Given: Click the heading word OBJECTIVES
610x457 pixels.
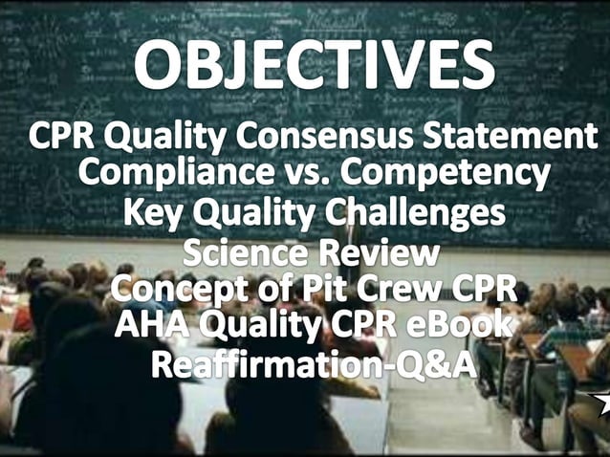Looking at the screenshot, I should tap(313, 65).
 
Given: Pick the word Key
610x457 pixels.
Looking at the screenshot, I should tap(150, 213).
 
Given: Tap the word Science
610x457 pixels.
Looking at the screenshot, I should tap(241, 255).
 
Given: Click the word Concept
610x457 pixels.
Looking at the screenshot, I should tap(173, 290).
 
